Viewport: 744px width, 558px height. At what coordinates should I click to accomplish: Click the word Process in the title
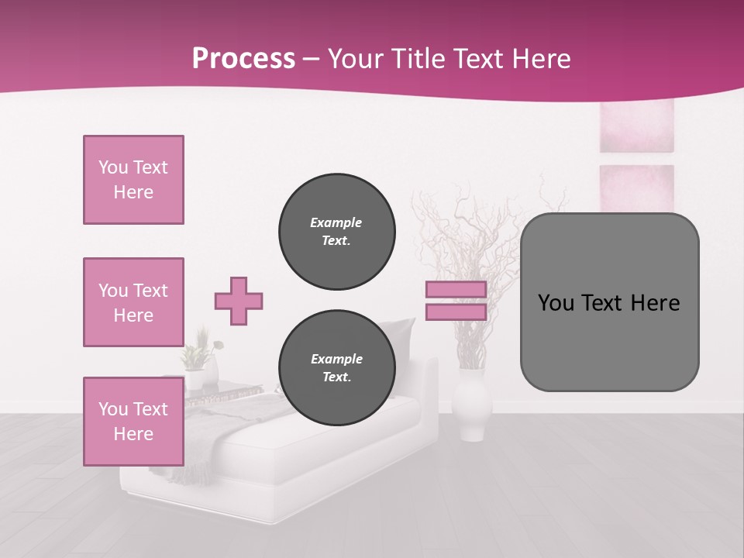pyautogui.click(x=243, y=59)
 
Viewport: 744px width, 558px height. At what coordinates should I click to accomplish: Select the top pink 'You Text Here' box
pyautogui.click(x=133, y=180)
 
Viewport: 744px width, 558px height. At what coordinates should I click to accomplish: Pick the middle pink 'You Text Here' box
pyautogui.click(x=133, y=302)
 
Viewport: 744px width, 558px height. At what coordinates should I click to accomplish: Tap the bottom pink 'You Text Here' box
pyautogui.click(x=133, y=422)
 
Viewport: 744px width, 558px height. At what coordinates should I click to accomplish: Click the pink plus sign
pyautogui.click(x=239, y=301)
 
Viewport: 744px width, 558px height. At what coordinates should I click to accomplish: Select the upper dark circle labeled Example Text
pyautogui.click(x=336, y=232)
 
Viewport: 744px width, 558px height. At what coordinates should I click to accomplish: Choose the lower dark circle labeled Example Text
pyautogui.click(x=336, y=368)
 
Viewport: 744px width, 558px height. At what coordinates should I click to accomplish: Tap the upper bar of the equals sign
pyautogui.click(x=456, y=290)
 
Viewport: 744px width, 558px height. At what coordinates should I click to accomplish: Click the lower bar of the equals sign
pyautogui.click(x=456, y=312)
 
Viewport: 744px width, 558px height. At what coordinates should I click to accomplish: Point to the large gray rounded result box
pyautogui.click(x=609, y=341)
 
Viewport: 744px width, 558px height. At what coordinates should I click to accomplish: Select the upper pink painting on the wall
pyautogui.click(x=636, y=126)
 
